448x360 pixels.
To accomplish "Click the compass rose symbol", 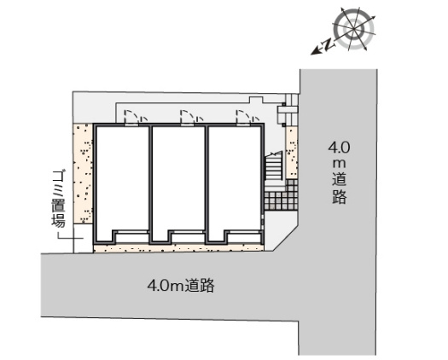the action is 354,29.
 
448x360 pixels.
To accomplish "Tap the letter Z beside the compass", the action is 328,44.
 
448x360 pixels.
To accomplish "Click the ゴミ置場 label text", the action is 59,198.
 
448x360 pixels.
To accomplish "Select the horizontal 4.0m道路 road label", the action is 181,285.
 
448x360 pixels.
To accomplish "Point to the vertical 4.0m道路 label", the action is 339,173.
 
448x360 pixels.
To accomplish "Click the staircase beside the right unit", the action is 273,166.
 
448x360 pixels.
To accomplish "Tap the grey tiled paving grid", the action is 281,195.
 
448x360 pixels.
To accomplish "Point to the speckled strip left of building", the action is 83,173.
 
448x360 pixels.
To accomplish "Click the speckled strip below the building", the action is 178,248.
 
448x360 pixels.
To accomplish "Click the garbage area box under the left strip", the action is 83,239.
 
